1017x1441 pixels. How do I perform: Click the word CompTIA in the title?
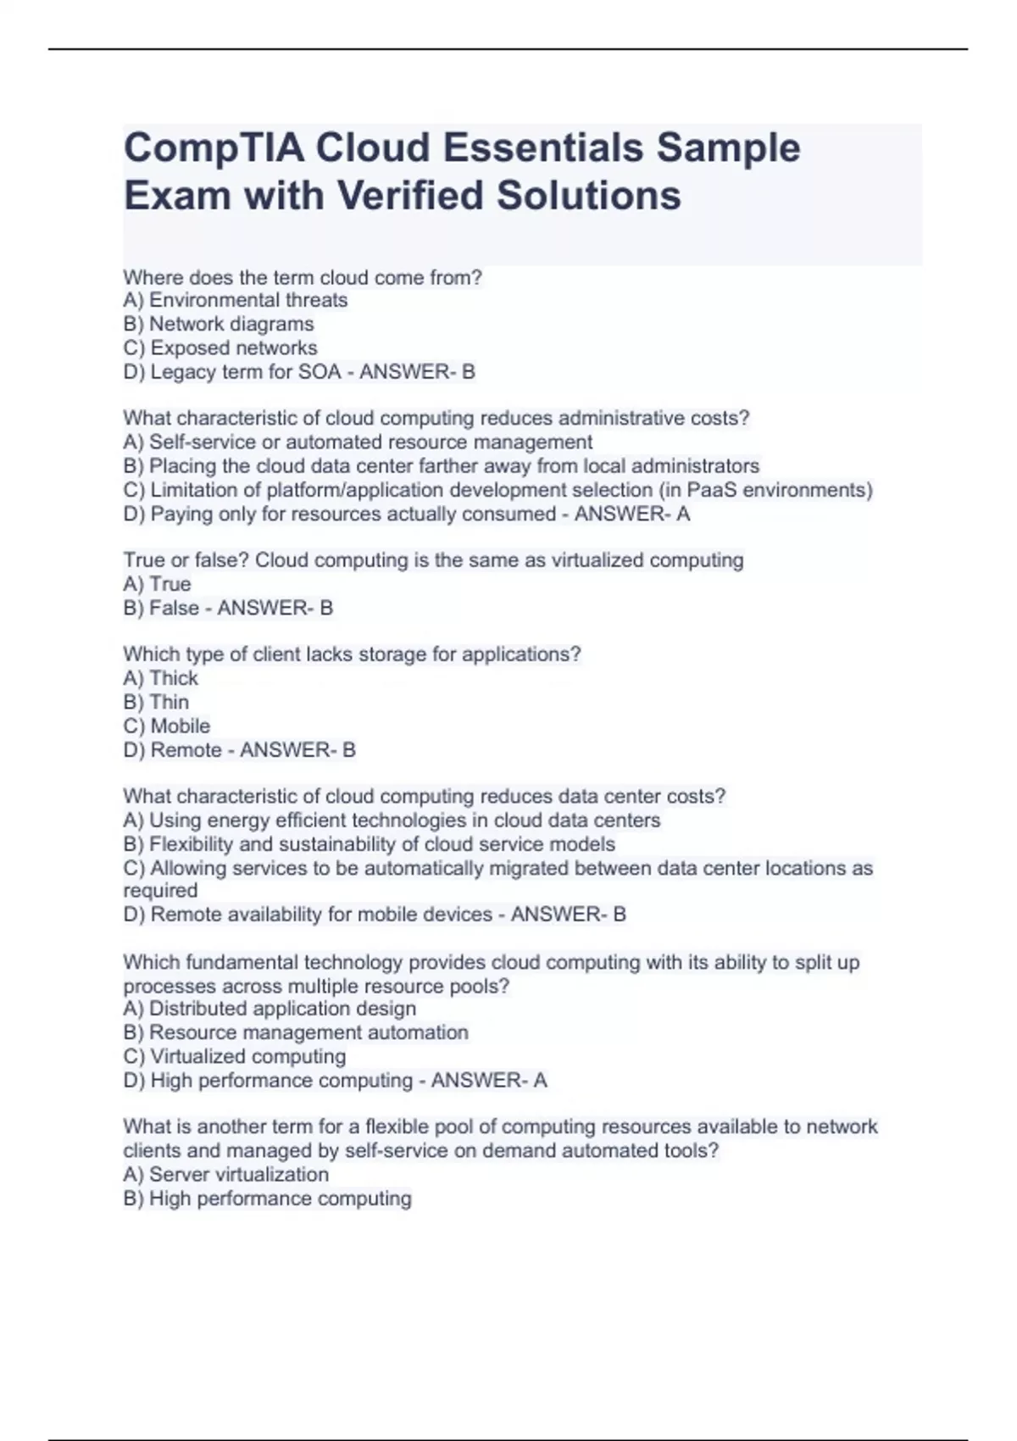tap(214, 148)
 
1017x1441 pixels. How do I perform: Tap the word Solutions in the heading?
tap(588, 196)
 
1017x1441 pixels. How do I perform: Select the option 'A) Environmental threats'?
tap(235, 300)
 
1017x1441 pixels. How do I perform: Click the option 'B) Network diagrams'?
tap(218, 324)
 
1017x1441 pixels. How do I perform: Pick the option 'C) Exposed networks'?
tap(220, 348)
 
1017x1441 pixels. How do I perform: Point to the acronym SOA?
tap(320, 371)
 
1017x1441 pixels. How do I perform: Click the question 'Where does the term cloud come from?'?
tap(302, 277)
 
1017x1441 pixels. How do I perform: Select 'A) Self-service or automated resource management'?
tap(357, 442)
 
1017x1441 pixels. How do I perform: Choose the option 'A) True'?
tap(157, 584)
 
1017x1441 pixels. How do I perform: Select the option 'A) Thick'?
tap(160, 678)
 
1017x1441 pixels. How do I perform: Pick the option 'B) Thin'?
tap(156, 702)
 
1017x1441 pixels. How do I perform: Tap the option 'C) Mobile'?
tap(166, 726)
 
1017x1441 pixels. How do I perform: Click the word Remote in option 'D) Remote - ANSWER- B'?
tap(186, 750)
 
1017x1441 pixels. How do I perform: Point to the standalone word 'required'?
tap(160, 891)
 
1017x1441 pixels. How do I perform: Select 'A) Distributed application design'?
tap(269, 1009)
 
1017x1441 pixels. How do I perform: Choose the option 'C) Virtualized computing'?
tap(234, 1056)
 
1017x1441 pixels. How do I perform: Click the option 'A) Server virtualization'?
tap(225, 1174)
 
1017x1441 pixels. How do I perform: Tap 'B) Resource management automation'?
tap(295, 1032)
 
